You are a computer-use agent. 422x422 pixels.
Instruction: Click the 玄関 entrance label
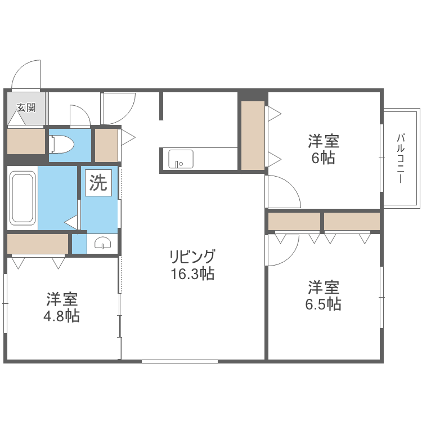pyautogui.click(x=26, y=107)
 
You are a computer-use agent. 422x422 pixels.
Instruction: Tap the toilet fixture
pyautogui.click(x=62, y=145)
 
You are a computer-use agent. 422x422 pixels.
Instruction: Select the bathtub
pyautogui.click(x=22, y=198)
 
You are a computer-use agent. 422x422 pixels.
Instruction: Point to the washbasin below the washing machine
pyautogui.click(x=103, y=243)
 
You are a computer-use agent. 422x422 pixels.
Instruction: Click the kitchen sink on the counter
pyautogui.click(x=181, y=159)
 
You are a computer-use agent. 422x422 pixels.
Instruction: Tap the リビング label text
pyautogui.click(x=192, y=258)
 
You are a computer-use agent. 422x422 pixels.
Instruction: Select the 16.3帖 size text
pyautogui.click(x=192, y=275)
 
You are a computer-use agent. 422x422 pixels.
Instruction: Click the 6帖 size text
pyautogui.click(x=323, y=158)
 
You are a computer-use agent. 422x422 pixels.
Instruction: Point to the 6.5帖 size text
pyautogui.click(x=324, y=304)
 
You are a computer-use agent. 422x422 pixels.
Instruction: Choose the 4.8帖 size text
pyautogui.click(x=62, y=316)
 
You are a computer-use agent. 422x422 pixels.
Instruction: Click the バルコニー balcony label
pyautogui.click(x=401, y=158)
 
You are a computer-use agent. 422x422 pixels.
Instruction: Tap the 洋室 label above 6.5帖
pyautogui.click(x=324, y=288)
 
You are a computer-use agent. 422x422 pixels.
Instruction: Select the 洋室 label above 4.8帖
pyautogui.click(x=62, y=299)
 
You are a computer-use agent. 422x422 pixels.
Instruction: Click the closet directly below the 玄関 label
pyautogui.click(x=26, y=141)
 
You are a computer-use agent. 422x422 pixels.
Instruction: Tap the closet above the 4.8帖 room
pyautogui.click(x=38, y=244)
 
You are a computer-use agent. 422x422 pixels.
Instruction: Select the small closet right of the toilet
pyautogui.click(x=106, y=145)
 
